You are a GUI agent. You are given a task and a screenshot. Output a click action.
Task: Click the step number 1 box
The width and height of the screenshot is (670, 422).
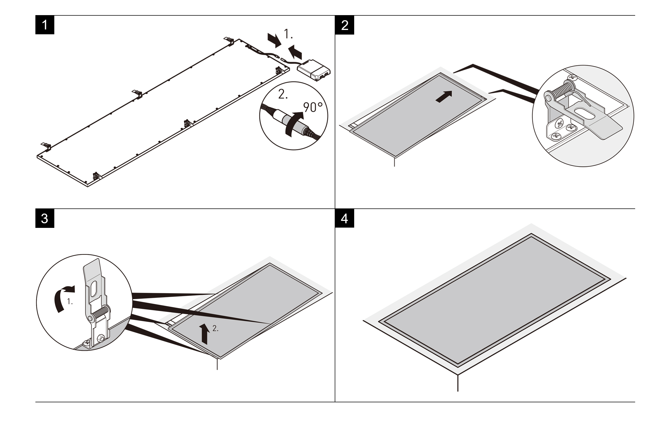click(45, 25)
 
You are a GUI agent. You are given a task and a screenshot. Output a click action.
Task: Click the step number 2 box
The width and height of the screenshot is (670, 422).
click(344, 25)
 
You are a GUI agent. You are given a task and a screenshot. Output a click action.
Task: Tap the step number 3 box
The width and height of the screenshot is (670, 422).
click(45, 218)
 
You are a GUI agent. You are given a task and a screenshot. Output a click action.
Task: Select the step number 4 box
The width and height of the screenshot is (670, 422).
click(344, 218)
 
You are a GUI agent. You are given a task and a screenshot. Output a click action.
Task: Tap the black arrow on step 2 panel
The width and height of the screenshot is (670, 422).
click(444, 97)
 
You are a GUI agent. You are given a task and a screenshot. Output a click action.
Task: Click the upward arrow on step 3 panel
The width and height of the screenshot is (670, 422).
click(205, 333)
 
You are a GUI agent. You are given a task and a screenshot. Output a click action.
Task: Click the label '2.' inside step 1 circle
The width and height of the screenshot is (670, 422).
click(283, 95)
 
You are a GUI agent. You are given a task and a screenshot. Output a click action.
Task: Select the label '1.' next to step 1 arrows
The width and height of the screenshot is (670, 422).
click(288, 34)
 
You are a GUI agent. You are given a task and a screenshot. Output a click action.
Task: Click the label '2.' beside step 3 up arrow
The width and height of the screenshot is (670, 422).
click(215, 328)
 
